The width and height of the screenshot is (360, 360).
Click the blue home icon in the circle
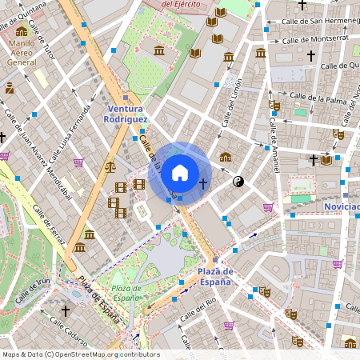pos(180,172)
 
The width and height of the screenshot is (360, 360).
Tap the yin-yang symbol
pos(238,182)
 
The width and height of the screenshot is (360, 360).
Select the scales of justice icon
pos(110,166)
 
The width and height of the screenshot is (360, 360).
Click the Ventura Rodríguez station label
pos(126,113)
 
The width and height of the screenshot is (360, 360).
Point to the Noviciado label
pos(341,206)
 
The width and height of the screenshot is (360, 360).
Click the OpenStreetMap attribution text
pos(80,354)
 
